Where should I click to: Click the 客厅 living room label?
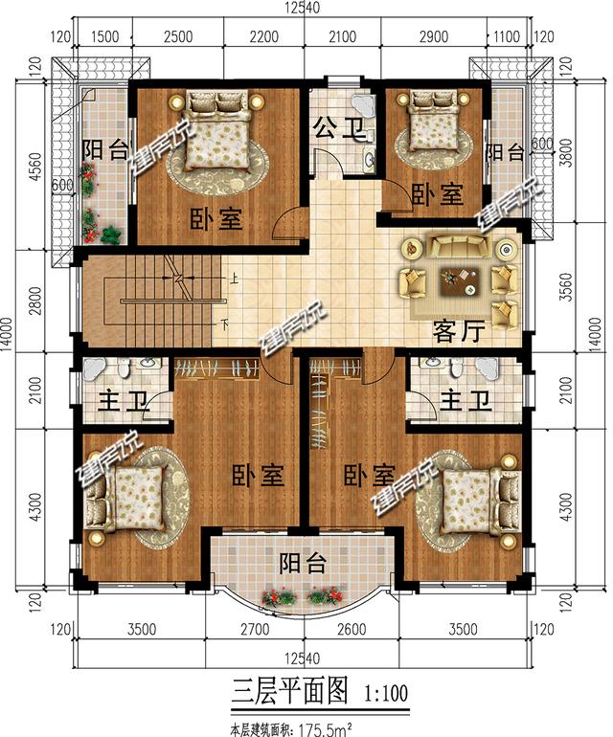point(458,333)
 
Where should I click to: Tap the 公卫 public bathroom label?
point(340,128)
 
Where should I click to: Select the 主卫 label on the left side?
point(124,401)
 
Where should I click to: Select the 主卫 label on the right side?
point(465,401)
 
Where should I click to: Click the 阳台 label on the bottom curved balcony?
point(303,563)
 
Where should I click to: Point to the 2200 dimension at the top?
point(264,36)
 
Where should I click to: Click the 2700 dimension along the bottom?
point(255,629)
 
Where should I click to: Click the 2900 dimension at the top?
point(434,36)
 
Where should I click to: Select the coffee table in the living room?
point(461,281)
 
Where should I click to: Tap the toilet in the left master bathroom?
point(124,368)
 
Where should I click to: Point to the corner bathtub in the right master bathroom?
point(487,369)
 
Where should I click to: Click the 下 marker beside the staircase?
point(225,324)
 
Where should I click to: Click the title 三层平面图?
point(290,690)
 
